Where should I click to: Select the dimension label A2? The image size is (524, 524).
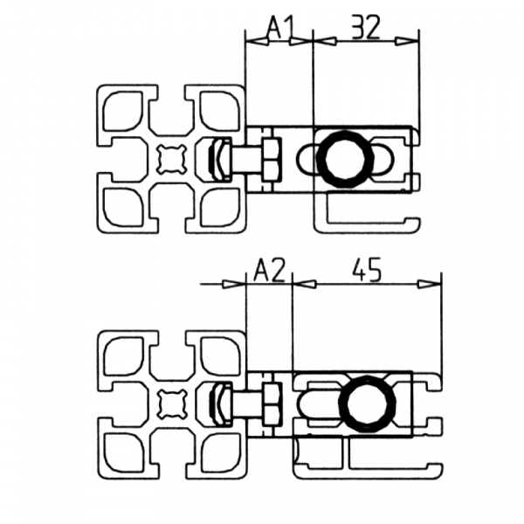(x=268, y=271)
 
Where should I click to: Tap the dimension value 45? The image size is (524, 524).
(x=367, y=271)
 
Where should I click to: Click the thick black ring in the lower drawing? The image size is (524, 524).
(x=366, y=404)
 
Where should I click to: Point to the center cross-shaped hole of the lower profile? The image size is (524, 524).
(x=171, y=403)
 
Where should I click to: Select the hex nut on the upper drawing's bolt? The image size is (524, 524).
(x=270, y=159)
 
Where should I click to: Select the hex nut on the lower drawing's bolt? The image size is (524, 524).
(x=270, y=403)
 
